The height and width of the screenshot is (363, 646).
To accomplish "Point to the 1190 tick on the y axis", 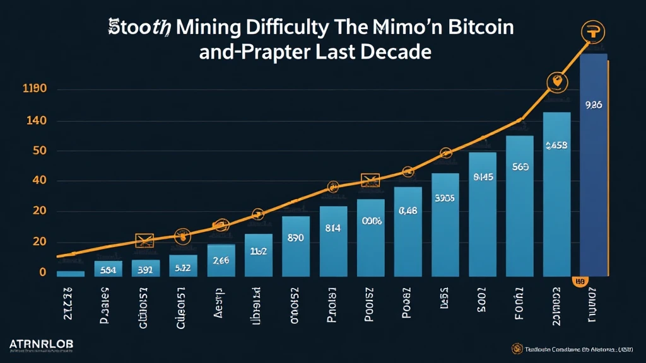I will pyautogui.click(x=34, y=90).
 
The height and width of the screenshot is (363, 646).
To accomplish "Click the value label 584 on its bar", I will pyautogui.click(x=109, y=270).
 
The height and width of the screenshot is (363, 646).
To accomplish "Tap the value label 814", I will pyautogui.click(x=332, y=228).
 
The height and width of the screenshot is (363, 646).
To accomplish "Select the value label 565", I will pyautogui.click(x=520, y=167).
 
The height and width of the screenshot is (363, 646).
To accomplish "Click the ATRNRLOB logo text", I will pyautogui.click(x=42, y=344).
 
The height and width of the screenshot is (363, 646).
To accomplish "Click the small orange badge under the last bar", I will pyautogui.click(x=580, y=282).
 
